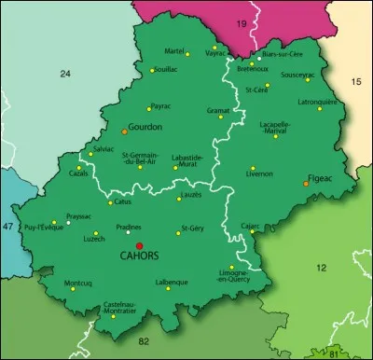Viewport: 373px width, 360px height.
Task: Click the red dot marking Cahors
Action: (140, 245)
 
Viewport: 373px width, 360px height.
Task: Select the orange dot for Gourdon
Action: (124, 132)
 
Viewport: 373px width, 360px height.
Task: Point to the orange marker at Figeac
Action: (306, 184)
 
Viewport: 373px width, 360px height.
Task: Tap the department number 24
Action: (65, 73)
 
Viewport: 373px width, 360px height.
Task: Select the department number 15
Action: (354, 83)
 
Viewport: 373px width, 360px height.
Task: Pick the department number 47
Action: (8, 227)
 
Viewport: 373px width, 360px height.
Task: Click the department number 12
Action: (321, 268)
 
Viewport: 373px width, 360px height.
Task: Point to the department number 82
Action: (144, 343)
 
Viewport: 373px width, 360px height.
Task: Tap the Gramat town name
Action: (218, 109)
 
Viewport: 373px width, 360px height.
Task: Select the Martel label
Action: (174, 50)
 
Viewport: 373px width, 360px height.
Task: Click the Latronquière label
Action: (322, 101)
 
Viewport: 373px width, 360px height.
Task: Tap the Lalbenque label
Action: (172, 282)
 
